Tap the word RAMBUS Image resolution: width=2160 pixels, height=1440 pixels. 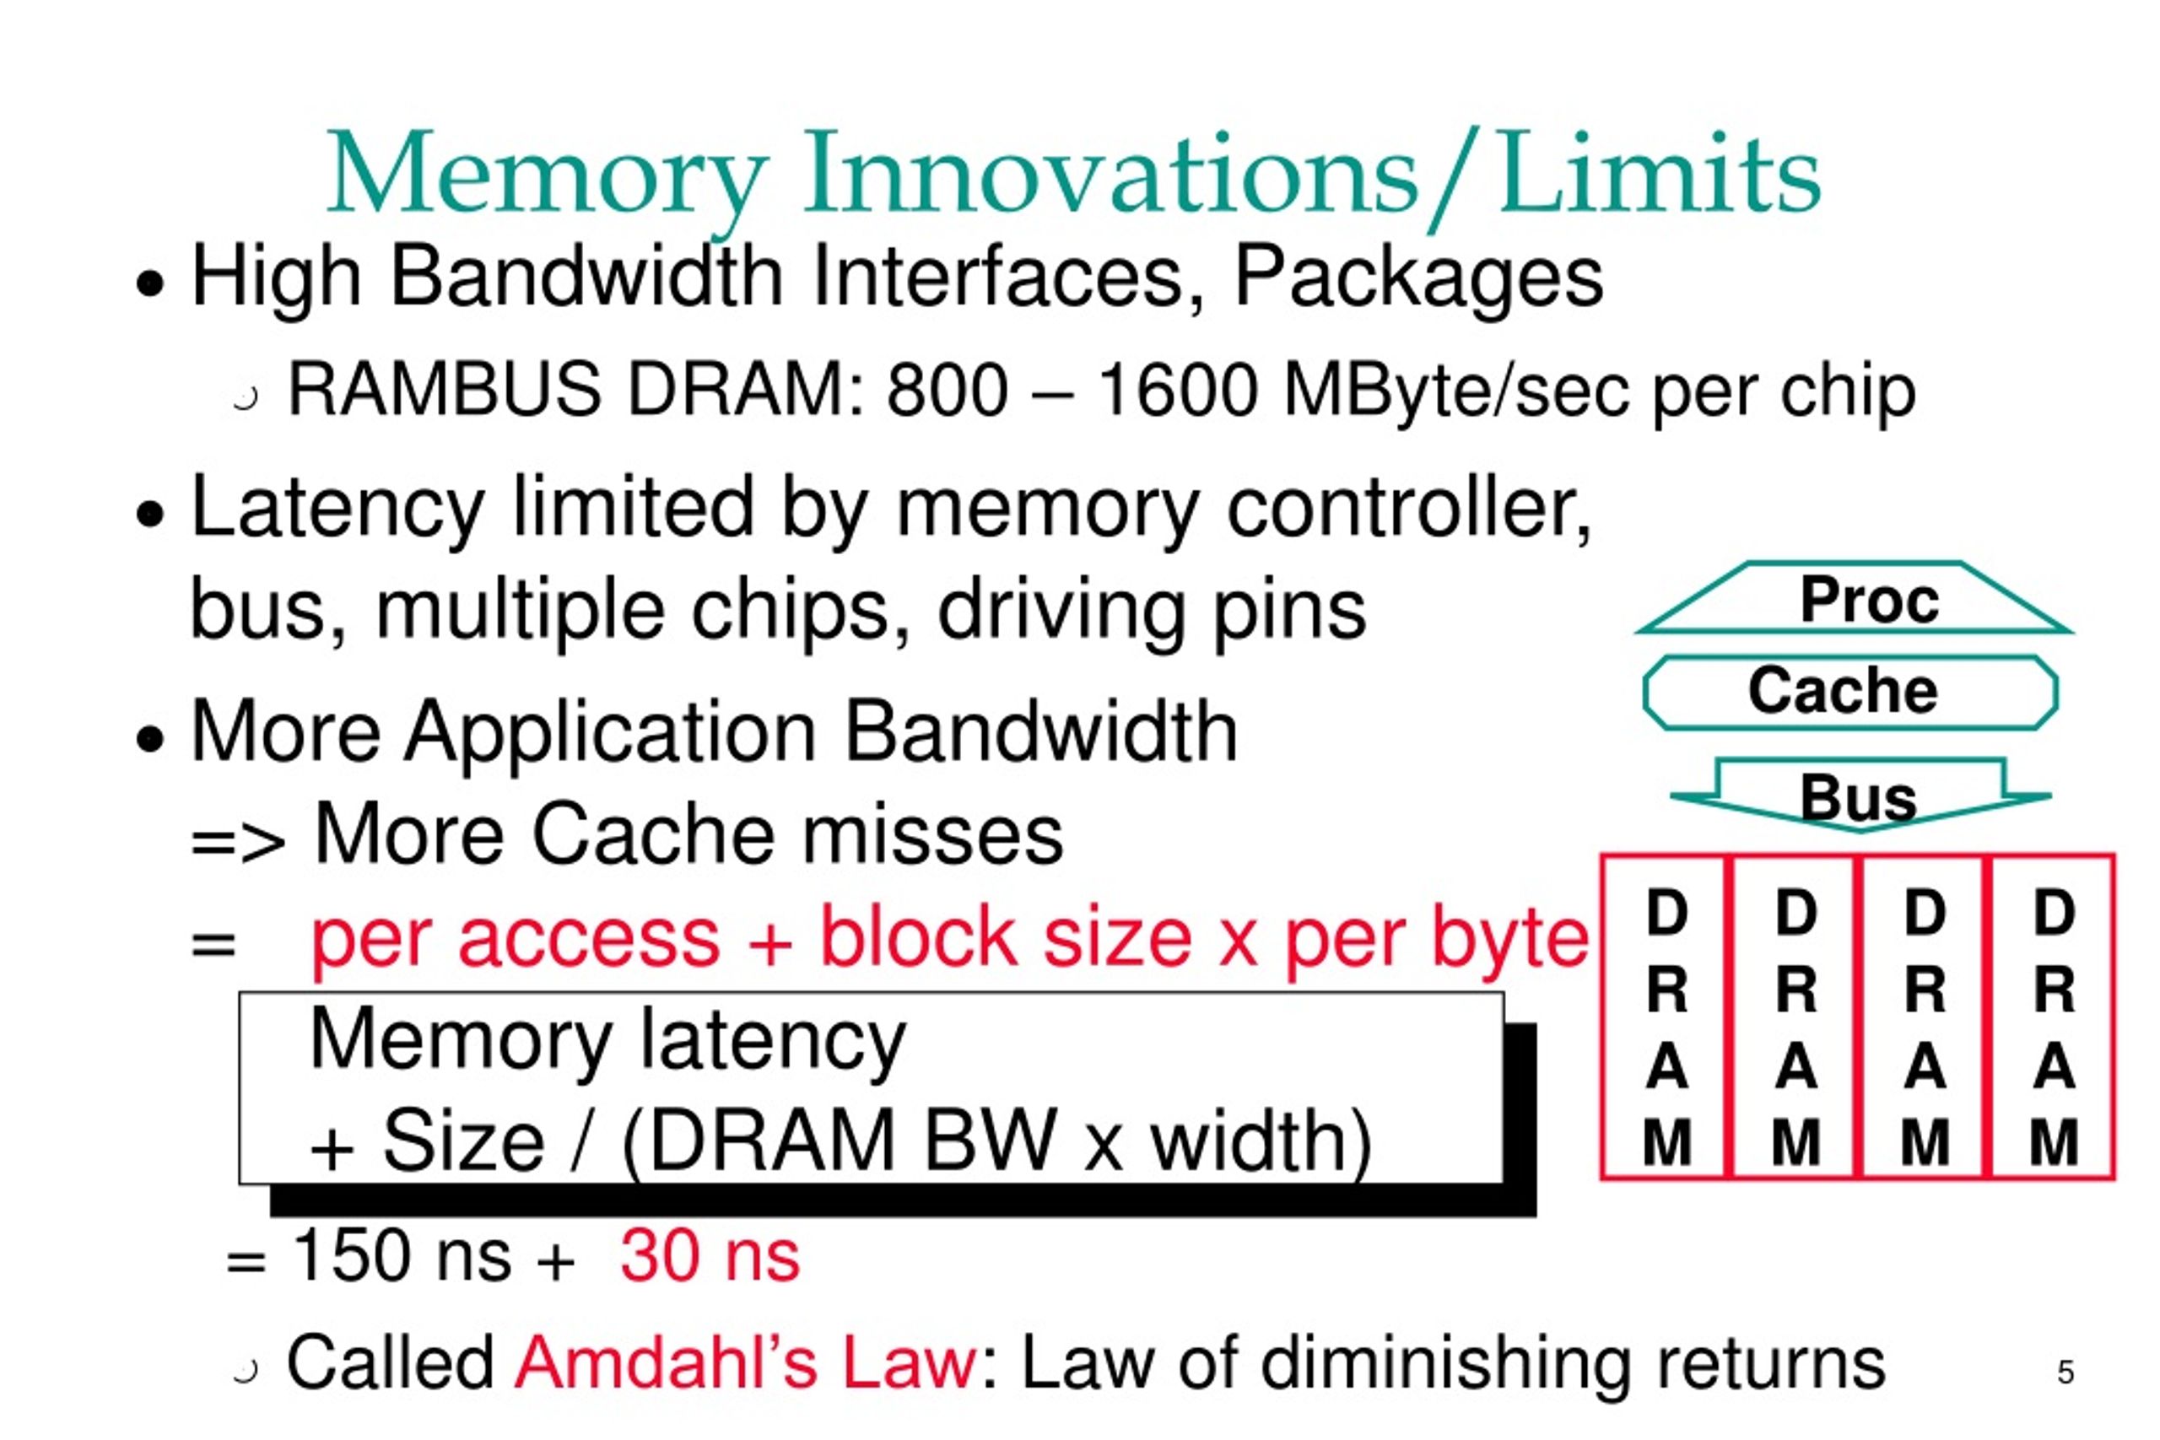point(445,390)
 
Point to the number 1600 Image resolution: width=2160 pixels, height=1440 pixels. point(1178,390)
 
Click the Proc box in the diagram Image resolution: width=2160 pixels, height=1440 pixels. point(1852,598)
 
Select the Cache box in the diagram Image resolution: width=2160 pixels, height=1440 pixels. point(1850,692)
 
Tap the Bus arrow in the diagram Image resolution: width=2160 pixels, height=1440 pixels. point(1859,796)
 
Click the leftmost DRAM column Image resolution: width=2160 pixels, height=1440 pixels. point(1666,1017)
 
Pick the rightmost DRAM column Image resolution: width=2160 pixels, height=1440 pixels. point(2054,1017)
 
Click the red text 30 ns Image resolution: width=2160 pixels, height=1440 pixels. point(710,1255)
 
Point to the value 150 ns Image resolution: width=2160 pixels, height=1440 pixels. point(402,1255)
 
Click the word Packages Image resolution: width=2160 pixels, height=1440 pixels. point(1418,278)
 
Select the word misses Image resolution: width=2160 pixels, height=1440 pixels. point(933,833)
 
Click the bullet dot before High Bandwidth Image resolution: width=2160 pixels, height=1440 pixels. point(149,283)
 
